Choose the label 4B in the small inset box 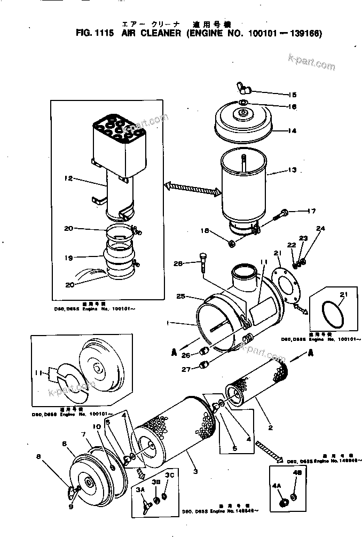pos(297,472)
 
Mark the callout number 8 pos(38,456)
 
